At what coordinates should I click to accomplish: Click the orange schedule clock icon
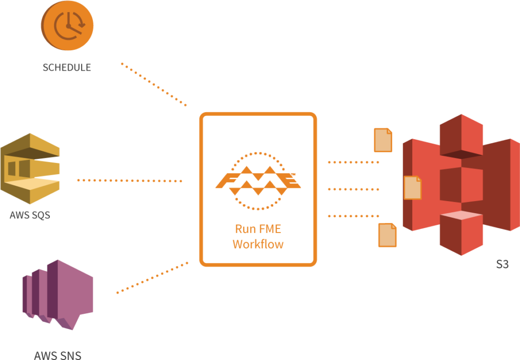click(x=68, y=25)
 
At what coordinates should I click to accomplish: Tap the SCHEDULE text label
click(x=67, y=68)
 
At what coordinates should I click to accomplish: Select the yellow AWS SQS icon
click(x=30, y=169)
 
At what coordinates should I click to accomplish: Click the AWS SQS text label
click(x=30, y=215)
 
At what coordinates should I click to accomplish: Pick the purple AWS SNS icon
click(x=58, y=294)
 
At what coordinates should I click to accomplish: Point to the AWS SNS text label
click(x=58, y=355)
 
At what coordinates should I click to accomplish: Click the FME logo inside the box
click(x=258, y=181)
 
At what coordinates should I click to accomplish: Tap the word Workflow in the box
click(x=258, y=244)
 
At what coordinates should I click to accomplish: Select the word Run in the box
click(x=245, y=229)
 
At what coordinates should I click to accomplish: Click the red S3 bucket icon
click(x=461, y=185)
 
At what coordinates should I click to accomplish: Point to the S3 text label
click(x=502, y=264)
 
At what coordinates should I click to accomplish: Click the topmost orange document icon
click(x=383, y=140)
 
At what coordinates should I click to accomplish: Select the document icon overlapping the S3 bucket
click(x=412, y=188)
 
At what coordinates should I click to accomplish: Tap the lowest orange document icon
click(x=387, y=235)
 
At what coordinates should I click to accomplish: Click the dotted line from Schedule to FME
click(x=154, y=84)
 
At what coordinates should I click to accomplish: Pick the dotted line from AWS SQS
click(x=129, y=181)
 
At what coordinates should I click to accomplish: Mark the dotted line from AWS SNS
click(x=152, y=278)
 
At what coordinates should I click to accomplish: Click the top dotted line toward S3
click(x=353, y=162)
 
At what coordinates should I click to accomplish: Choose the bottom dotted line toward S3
click(x=353, y=216)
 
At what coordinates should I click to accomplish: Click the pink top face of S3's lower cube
click(x=461, y=215)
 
